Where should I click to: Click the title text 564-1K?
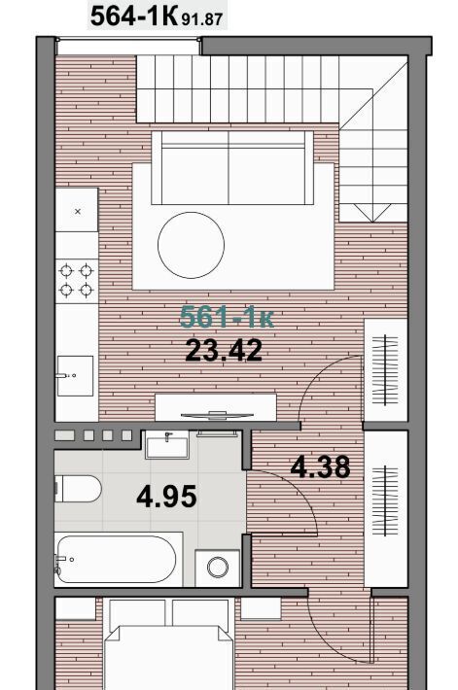[x=133, y=16]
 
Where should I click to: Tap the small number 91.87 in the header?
[x=201, y=19]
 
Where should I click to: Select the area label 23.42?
[x=224, y=350]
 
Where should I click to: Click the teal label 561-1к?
[x=227, y=317]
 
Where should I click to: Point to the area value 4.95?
[x=166, y=497]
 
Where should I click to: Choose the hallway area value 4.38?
[x=320, y=466]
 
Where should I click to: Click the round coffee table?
[x=192, y=245]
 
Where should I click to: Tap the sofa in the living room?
[x=232, y=168]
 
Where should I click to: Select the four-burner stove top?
[x=76, y=281]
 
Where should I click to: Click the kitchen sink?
[x=75, y=376]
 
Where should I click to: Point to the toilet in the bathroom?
[x=78, y=489]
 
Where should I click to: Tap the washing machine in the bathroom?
[x=218, y=568]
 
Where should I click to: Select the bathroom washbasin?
[x=167, y=445]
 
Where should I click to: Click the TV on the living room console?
[x=217, y=415]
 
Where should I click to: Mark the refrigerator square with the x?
[x=77, y=210]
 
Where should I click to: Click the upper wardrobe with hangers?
[x=385, y=370]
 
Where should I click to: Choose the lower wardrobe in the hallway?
[x=386, y=508]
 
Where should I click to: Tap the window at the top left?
[x=128, y=47]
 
